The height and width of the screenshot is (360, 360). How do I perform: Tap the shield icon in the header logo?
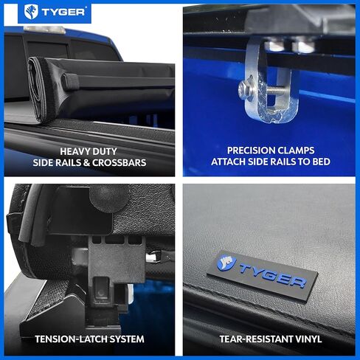coord(32,12)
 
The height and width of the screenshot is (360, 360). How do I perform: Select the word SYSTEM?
coord(127,340)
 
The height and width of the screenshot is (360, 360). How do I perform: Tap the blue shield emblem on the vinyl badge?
coord(226,262)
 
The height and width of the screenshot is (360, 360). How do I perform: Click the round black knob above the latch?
coord(111,196)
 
